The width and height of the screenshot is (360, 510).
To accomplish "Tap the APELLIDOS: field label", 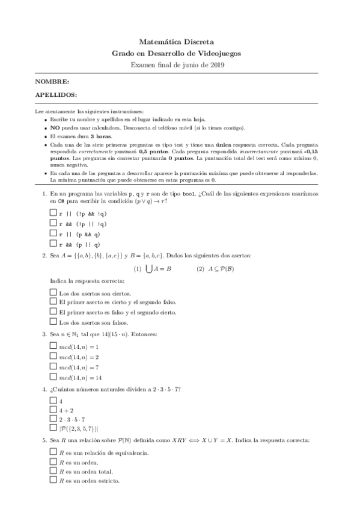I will [x=56, y=95].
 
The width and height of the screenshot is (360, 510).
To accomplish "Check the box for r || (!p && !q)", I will [x=53, y=214].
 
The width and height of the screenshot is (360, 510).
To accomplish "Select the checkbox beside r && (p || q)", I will [x=53, y=244].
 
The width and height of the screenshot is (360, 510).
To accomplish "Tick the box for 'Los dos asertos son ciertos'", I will [x=53, y=292].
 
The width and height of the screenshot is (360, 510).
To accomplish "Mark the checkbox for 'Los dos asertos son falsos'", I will [x=53, y=322].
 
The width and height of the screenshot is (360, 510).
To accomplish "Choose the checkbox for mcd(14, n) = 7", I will [x=53, y=366].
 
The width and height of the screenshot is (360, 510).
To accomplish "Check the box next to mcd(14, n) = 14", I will [x=53, y=376].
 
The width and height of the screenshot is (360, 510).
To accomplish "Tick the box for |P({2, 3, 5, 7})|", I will [x=53, y=428].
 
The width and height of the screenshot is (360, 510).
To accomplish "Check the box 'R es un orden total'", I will [x=53, y=472].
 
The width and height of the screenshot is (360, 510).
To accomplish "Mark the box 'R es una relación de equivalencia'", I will [x=53, y=451].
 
